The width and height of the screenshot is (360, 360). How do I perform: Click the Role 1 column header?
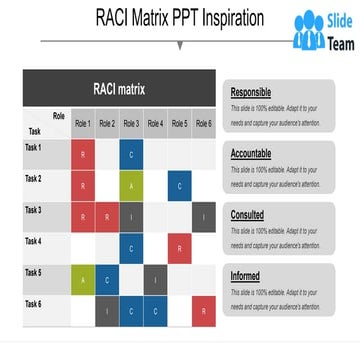pyautogui.click(x=82, y=124)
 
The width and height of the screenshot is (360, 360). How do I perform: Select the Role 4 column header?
pyautogui.click(x=155, y=124)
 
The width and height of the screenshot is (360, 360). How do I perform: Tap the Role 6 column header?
pyautogui.click(x=203, y=124)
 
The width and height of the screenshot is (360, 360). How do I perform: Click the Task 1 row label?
pyautogui.click(x=33, y=148)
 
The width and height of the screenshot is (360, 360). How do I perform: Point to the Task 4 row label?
pyautogui.click(x=33, y=241)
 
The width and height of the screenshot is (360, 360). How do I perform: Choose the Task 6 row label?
pyautogui.click(x=33, y=303)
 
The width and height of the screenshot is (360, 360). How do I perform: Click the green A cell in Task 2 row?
pyautogui.click(x=131, y=186)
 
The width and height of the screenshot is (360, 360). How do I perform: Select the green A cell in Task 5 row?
pyautogui.click(x=82, y=280)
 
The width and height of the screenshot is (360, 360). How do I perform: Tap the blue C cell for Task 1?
pyautogui.click(x=131, y=155)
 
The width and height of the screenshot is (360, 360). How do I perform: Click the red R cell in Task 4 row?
pyautogui.click(x=179, y=248)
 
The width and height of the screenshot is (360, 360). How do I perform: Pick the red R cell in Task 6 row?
pyautogui.click(x=203, y=311)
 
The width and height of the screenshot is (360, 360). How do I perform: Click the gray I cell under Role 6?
pyautogui.click(x=203, y=217)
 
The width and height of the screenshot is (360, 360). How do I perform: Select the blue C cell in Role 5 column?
pyautogui.click(x=179, y=186)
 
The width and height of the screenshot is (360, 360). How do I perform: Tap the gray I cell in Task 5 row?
pyautogui.click(x=155, y=280)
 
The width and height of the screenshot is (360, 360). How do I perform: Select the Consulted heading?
pyautogui.click(x=249, y=213)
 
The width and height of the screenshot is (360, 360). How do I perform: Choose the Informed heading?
pyautogui.click(x=247, y=275)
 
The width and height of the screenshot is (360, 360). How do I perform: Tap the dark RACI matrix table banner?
pyautogui.click(x=119, y=89)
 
